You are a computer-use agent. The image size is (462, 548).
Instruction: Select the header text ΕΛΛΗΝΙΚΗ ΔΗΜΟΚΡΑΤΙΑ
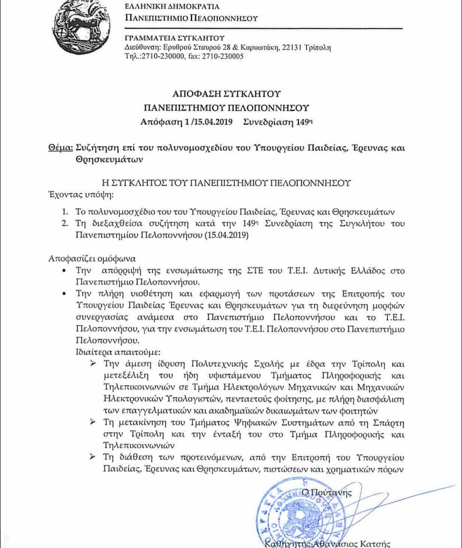(x=172, y=7)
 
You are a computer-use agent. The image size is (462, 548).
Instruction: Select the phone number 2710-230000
(x=161, y=56)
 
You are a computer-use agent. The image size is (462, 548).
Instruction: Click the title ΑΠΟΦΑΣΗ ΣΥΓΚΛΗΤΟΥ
(x=227, y=94)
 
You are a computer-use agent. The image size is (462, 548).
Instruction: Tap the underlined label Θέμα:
(x=60, y=147)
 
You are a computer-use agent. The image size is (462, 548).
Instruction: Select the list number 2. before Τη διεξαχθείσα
(x=66, y=224)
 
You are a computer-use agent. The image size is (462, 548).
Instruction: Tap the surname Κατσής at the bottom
(x=374, y=543)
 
